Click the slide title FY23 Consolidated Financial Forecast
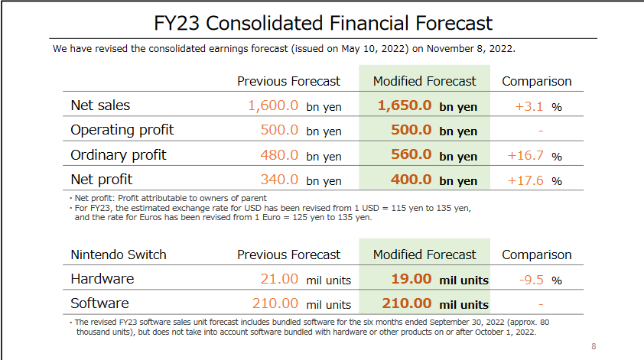(323, 23)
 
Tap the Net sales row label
(100, 105)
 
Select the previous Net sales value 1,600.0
(273, 105)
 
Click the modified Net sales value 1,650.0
(405, 105)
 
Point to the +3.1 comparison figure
(529, 106)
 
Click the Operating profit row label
(122, 130)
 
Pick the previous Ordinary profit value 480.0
(279, 155)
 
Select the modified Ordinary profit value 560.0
(411, 154)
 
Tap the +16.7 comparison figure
(525, 156)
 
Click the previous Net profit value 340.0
(279, 180)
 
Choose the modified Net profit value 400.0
(411, 180)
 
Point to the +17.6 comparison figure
(525, 180)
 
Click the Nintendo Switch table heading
(119, 255)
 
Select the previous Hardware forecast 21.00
(279, 279)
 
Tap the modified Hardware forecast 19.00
(411, 279)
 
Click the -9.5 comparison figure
(531, 280)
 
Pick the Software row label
(99, 303)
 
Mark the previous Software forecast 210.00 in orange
(275, 303)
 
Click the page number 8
(594, 346)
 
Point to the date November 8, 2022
(470, 49)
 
